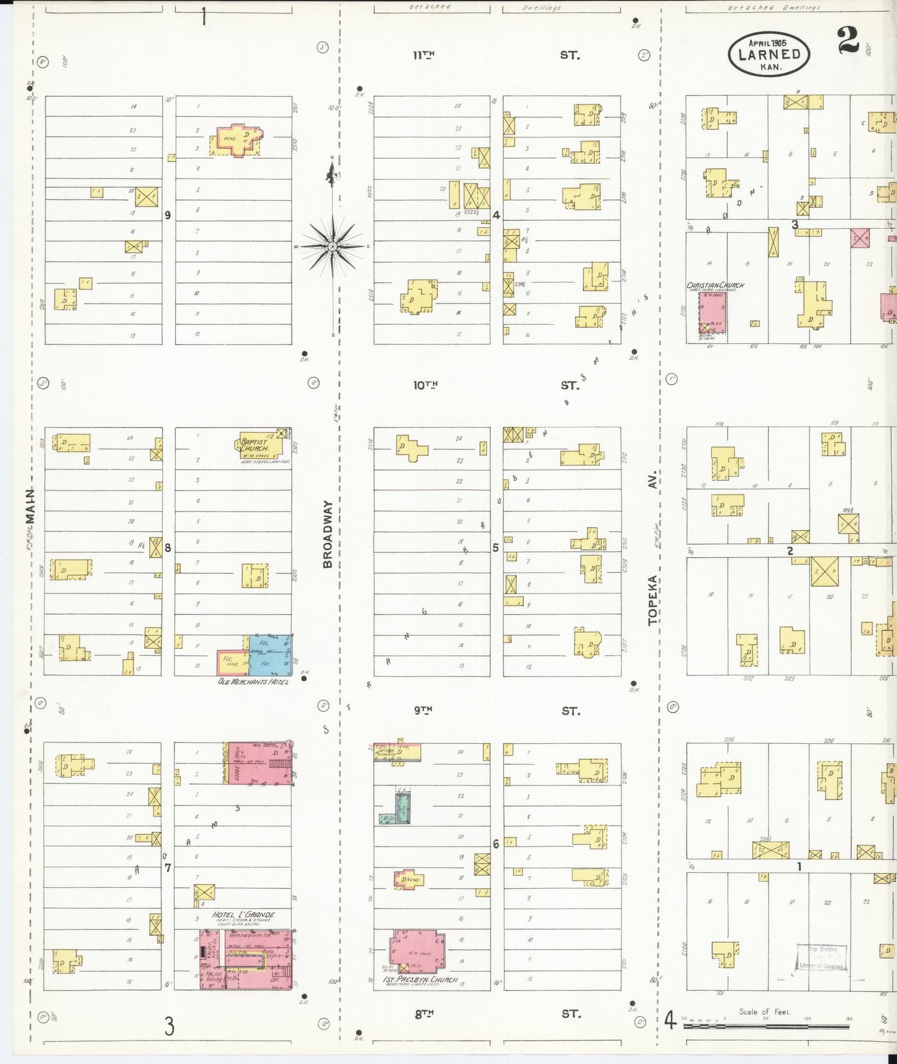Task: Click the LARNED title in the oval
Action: pyautogui.click(x=769, y=54)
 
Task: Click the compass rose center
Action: pyautogui.click(x=333, y=246)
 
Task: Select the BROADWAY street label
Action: pyautogui.click(x=328, y=534)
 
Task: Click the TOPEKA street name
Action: pyautogui.click(x=652, y=600)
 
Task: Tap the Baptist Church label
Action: pyautogui.click(x=255, y=445)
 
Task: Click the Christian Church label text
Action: pyautogui.click(x=715, y=286)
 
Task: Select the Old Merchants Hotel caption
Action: pyautogui.click(x=253, y=682)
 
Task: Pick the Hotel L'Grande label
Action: pyautogui.click(x=243, y=914)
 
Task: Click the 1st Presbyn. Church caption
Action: pyautogui.click(x=420, y=980)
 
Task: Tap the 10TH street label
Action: pyautogui.click(x=425, y=385)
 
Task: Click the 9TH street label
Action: pyautogui.click(x=423, y=710)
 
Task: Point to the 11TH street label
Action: pyautogui.click(x=424, y=55)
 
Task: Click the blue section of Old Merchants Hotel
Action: pyautogui.click(x=271, y=655)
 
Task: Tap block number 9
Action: pyautogui.click(x=168, y=215)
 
